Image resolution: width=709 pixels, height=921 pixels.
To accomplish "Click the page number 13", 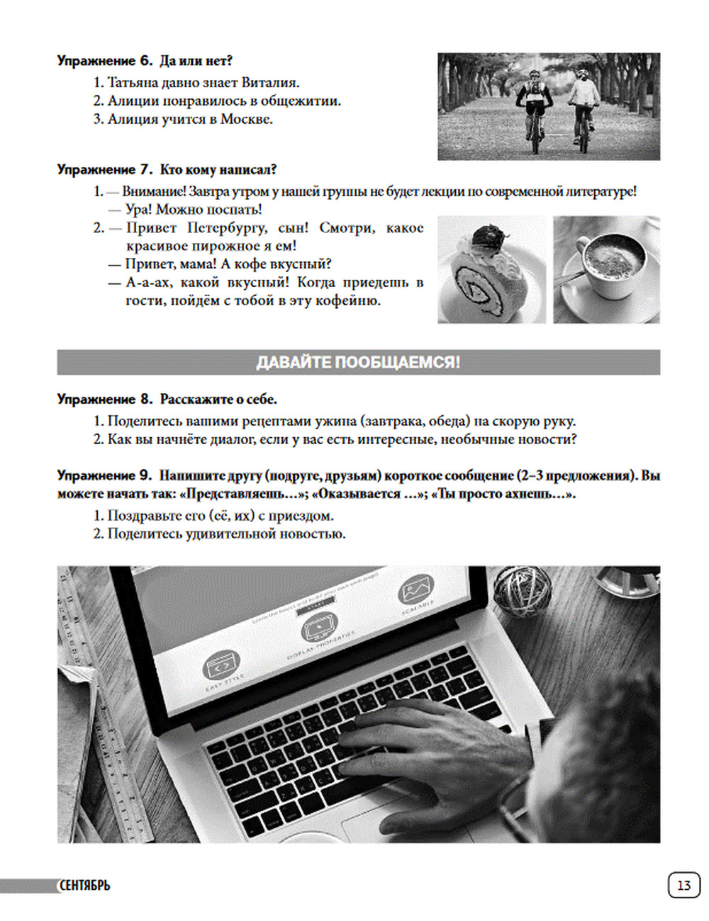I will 683,886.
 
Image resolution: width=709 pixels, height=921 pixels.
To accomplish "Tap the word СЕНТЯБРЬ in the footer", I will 84,886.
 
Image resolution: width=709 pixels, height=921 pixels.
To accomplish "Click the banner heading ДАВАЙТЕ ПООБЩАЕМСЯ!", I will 358,362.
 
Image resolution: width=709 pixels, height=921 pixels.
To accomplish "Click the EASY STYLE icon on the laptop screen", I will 222,666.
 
